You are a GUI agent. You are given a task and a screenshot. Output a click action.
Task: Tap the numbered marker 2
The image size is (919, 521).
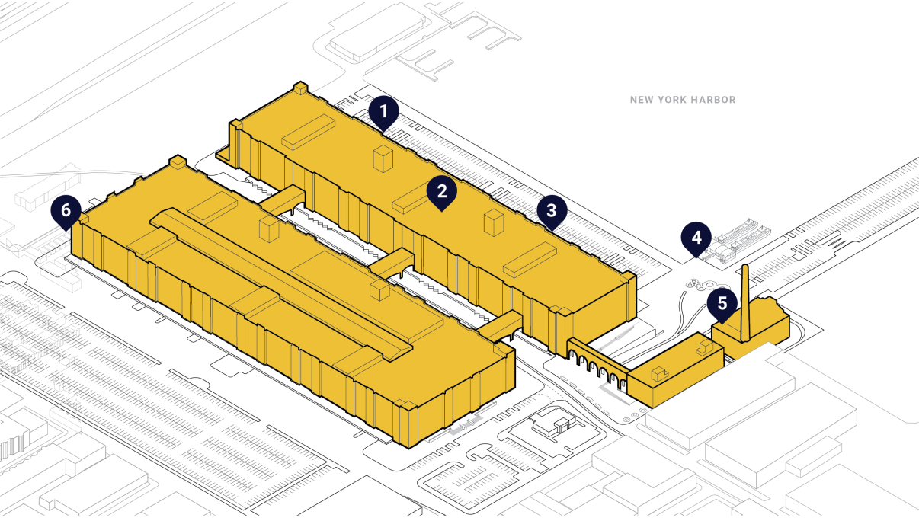tap(441, 190)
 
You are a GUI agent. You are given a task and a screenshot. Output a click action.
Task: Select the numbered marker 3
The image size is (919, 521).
tap(551, 210)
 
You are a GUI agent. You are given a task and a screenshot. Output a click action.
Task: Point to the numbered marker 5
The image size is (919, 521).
tap(722, 302)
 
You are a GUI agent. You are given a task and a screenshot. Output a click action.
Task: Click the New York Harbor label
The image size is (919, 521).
tap(683, 100)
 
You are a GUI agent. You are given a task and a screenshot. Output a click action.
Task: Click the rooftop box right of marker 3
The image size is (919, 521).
tap(530, 260)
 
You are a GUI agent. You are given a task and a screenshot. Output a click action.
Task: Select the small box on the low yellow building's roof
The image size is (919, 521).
tap(659, 373)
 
